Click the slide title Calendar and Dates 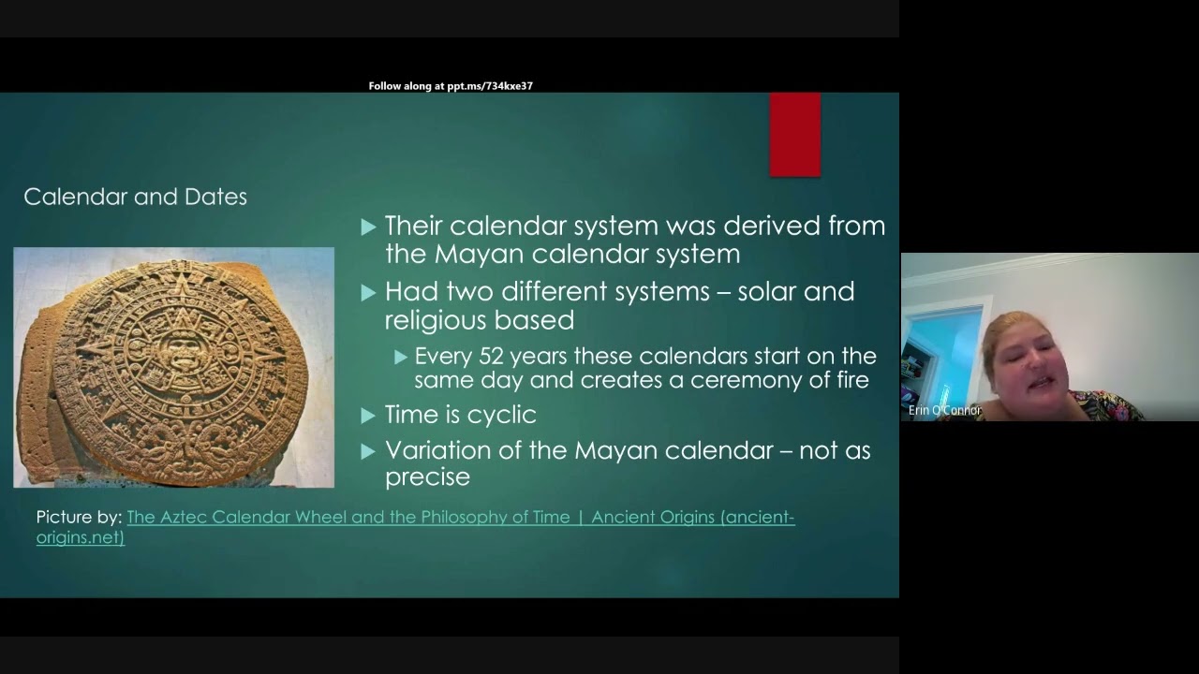click(x=135, y=197)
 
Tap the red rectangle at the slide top click(x=794, y=135)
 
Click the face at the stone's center click(x=173, y=351)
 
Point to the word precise click(x=427, y=476)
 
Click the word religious click(x=438, y=320)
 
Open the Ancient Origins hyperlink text click(x=461, y=517)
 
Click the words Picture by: click(x=79, y=517)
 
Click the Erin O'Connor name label click(x=944, y=410)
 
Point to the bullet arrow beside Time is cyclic click(x=368, y=415)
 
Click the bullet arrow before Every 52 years click(x=401, y=357)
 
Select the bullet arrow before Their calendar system click(x=368, y=227)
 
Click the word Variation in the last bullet click(x=440, y=450)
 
